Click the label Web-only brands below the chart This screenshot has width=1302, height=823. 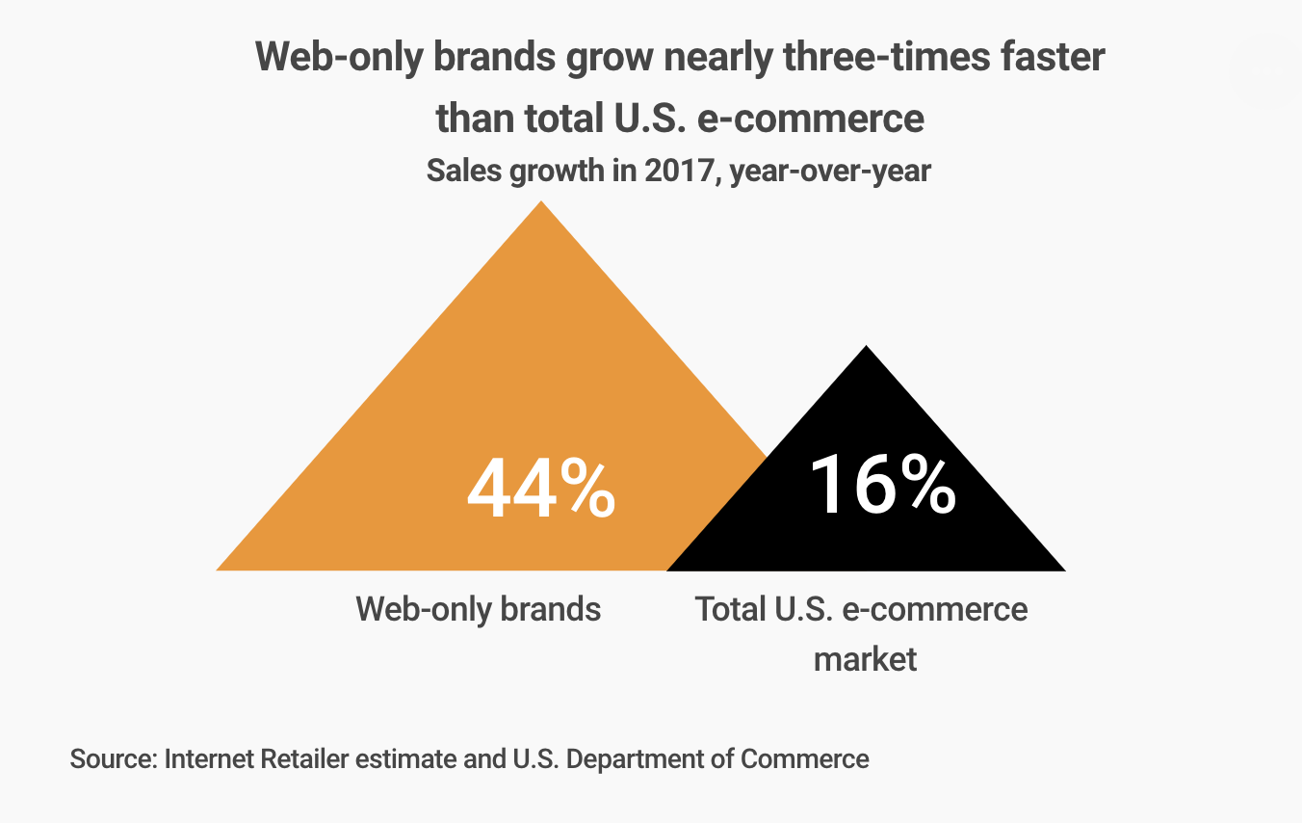pyautogui.click(x=478, y=609)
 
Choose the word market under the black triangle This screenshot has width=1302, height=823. pyautogui.click(x=865, y=659)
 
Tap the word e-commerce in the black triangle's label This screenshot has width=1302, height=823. pyautogui.click(x=934, y=609)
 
